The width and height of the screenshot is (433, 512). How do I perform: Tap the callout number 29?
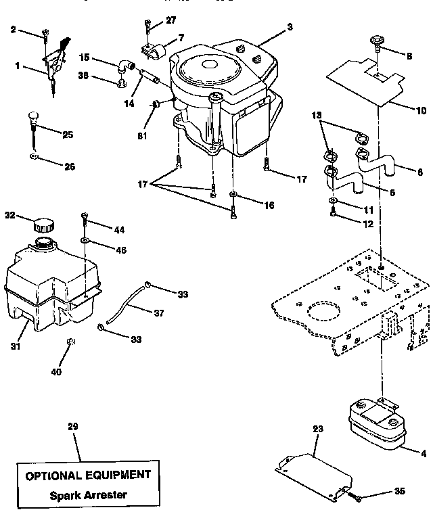pyautogui.click(x=74, y=427)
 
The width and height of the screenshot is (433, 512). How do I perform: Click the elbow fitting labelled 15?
pyautogui.click(x=123, y=66)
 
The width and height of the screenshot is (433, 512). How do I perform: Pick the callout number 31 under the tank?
pyautogui.click(x=16, y=346)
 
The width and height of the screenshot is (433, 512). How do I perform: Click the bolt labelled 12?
pyautogui.click(x=334, y=214)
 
